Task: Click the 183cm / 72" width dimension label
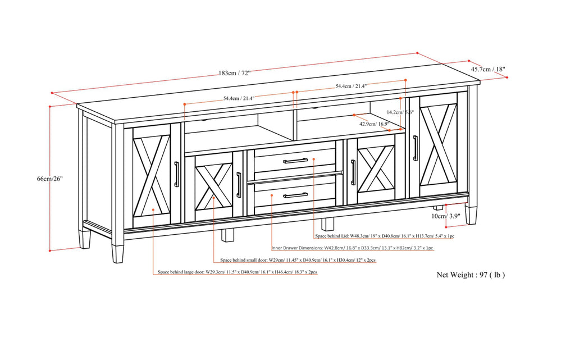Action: pyautogui.click(x=234, y=73)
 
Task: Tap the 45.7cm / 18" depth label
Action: pyautogui.click(x=488, y=70)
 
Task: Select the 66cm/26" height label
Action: pyautogui.click(x=50, y=179)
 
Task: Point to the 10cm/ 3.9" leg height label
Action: pyautogui.click(x=446, y=216)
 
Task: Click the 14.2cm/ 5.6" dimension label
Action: pyautogui.click(x=403, y=112)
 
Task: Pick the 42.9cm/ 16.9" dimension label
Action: pyautogui.click(x=375, y=124)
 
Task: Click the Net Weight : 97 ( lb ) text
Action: pyautogui.click(x=471, y=275)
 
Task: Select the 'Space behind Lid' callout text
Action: pyautogui.click(x=385, y=236)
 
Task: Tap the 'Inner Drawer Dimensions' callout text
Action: pyautogui.click(x=353, y=248)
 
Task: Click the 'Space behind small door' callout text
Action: pyautogui.click(x=298, y=261)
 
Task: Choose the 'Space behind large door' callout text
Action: pyautogui.click(x=237, y=272)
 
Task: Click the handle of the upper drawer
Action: pyautogui.click(x=295, y=161)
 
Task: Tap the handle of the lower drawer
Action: pyautogui.click(x=295, y=195)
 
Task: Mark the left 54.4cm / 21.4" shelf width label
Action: pyautogui.click(x=239, y=98)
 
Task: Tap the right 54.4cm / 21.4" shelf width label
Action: pyautogui.click(x=351, y=86)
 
